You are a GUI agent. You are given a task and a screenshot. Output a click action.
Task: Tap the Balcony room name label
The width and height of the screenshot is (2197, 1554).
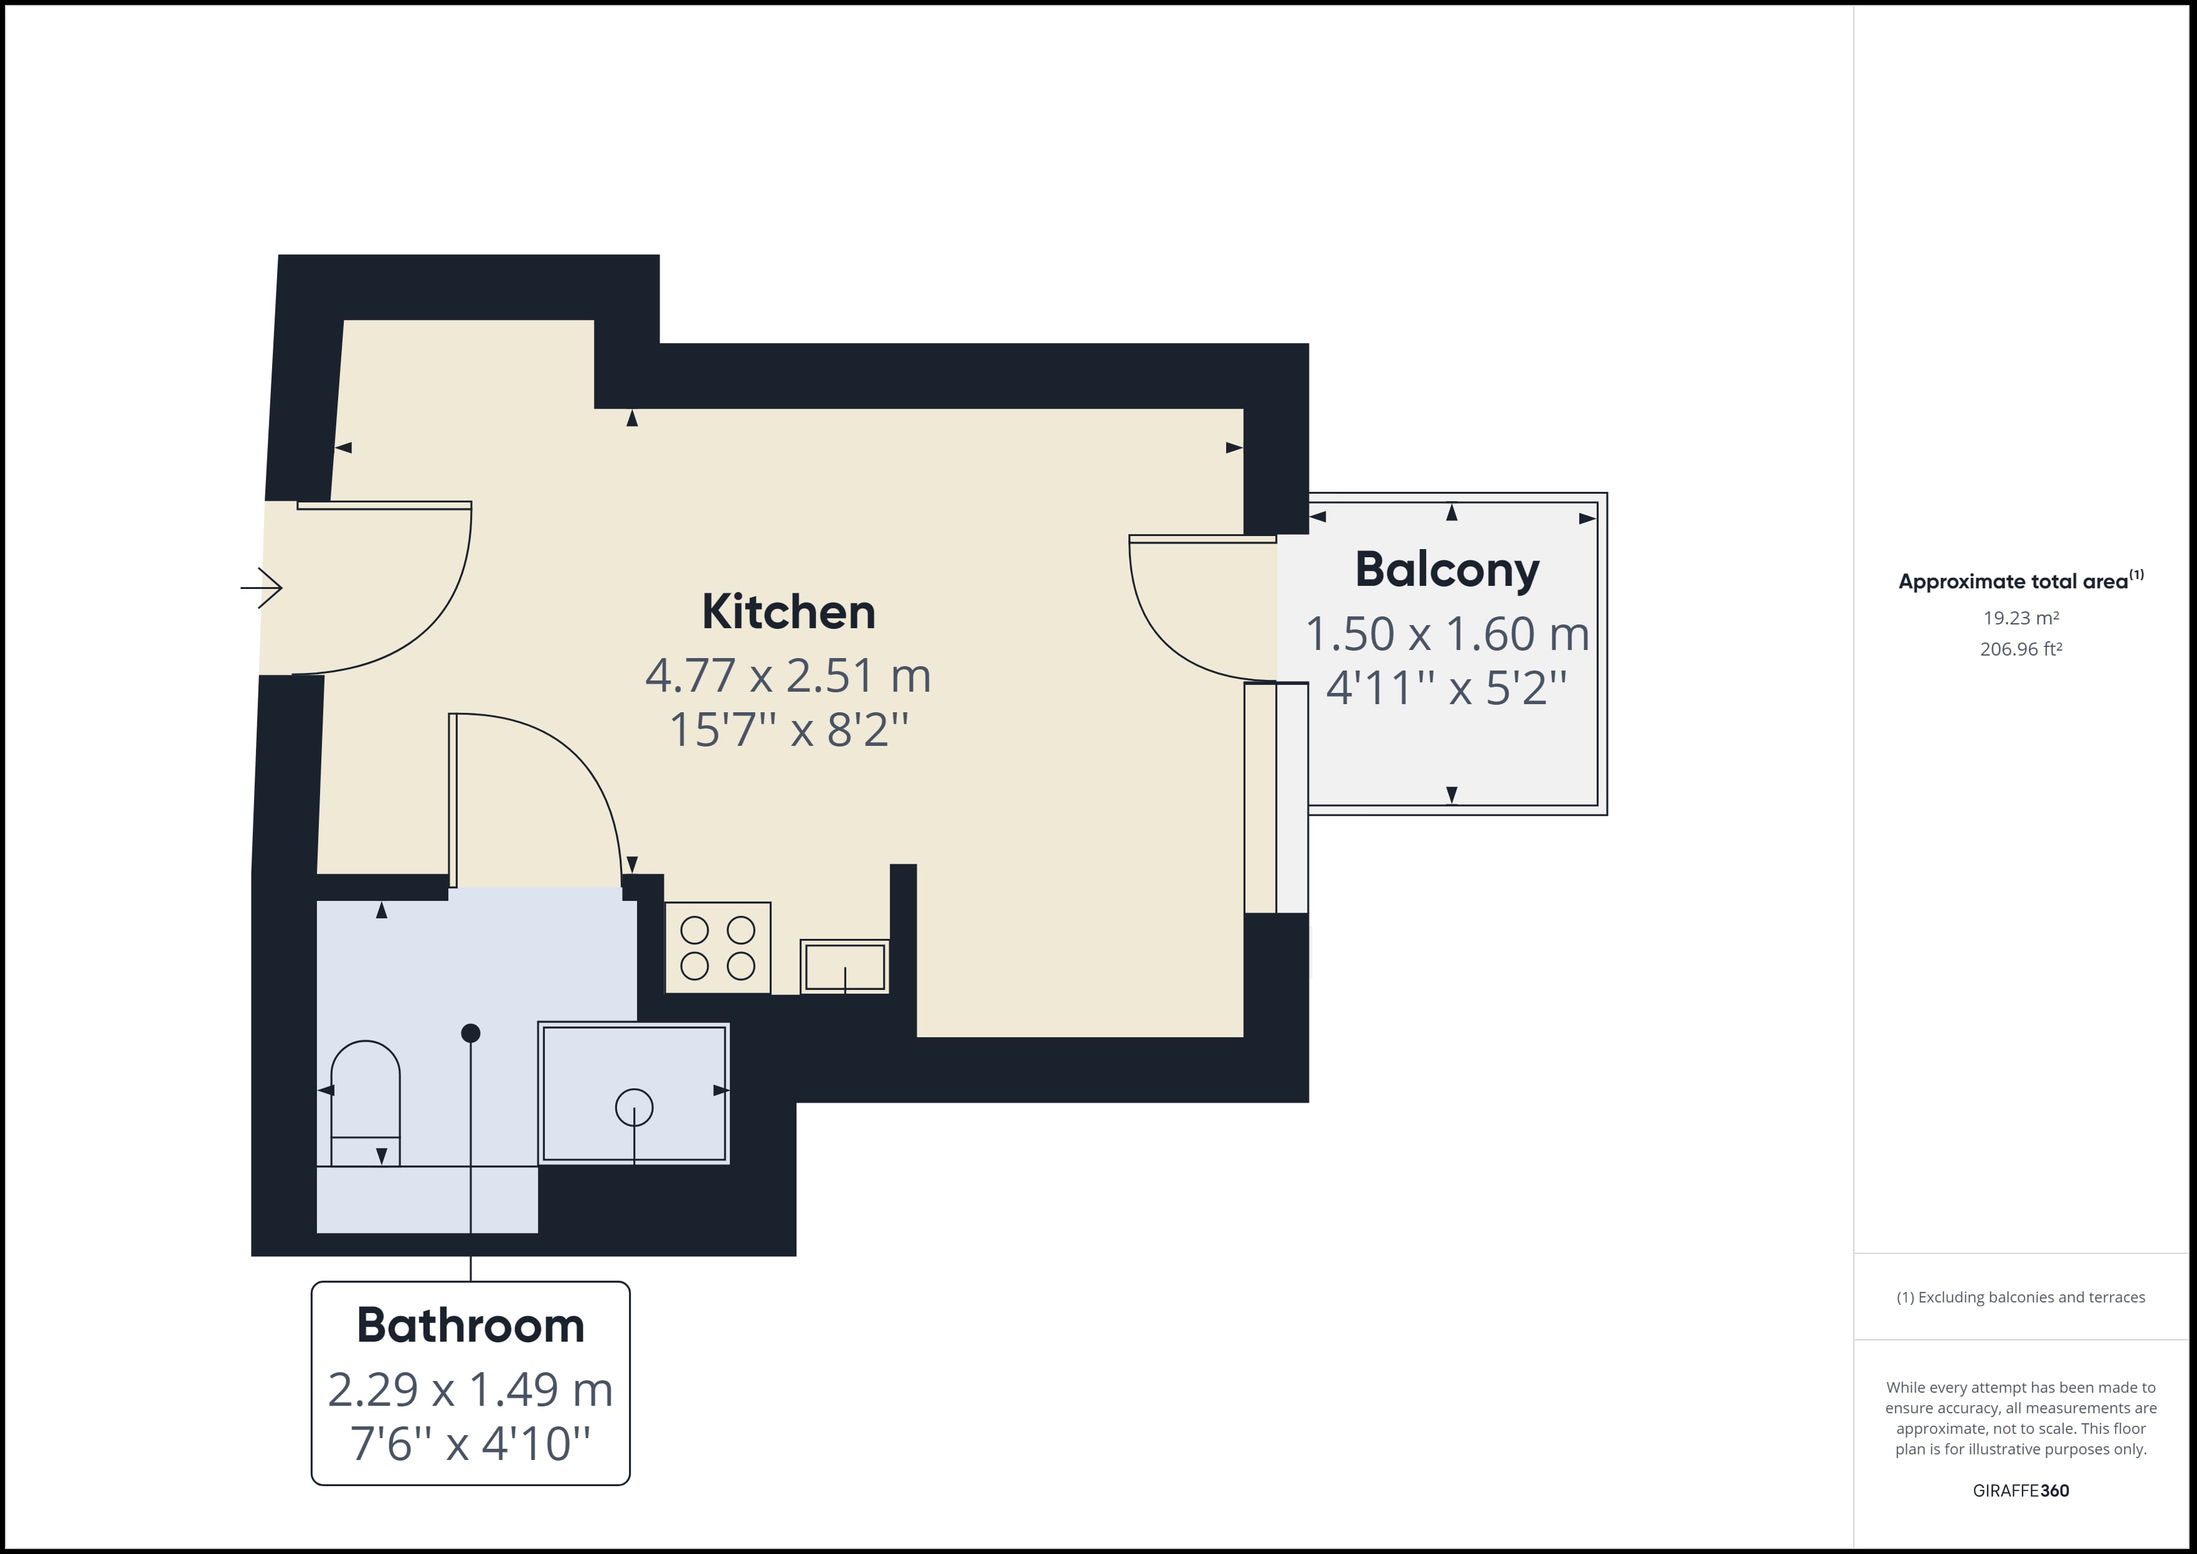tap(1447, 570)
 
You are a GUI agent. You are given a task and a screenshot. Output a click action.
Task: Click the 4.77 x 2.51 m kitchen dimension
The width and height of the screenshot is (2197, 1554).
tap(788, 676)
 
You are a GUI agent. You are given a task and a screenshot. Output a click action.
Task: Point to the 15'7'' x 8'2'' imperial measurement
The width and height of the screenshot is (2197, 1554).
tap(788, 730)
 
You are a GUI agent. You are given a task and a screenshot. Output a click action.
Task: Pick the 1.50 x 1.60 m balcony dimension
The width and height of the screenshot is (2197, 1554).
tap(1447, 633)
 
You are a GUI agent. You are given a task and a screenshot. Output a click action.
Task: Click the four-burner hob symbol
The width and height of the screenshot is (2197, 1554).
tap(717, 948)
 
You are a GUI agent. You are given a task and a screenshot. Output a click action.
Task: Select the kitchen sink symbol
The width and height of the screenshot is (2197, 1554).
tap(845, 966)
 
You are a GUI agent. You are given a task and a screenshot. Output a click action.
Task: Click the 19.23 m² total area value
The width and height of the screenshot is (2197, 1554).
tap(2021, 618)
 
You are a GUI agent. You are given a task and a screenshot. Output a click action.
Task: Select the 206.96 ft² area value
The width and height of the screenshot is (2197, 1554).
tap(2021, 649)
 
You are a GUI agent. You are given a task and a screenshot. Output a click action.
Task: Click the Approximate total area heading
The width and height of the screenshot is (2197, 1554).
tap(2021, 580)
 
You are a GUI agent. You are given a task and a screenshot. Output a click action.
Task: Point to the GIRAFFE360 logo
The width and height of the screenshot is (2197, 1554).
tap(2021, 1490)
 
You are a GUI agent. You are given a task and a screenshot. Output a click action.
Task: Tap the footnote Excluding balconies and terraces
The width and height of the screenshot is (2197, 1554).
tap(2021, 1297)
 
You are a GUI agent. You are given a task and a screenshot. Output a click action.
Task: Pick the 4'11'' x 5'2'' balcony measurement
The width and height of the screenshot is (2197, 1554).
tap(1447, 688)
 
